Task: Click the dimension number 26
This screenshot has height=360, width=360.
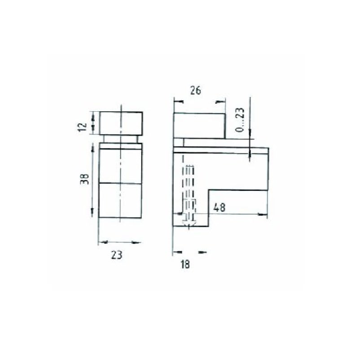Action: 196,90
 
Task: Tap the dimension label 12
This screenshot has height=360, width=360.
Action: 83,127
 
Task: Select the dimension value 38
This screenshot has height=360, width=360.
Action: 84,179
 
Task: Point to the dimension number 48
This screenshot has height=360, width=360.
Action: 220,207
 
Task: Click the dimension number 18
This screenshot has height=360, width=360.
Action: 185,264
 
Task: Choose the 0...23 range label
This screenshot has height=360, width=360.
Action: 240,119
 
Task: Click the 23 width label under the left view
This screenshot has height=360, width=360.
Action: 117,255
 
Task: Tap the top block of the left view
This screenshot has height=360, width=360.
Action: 121,123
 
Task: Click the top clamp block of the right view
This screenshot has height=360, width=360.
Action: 199,126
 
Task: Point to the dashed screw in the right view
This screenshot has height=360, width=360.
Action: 189,195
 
